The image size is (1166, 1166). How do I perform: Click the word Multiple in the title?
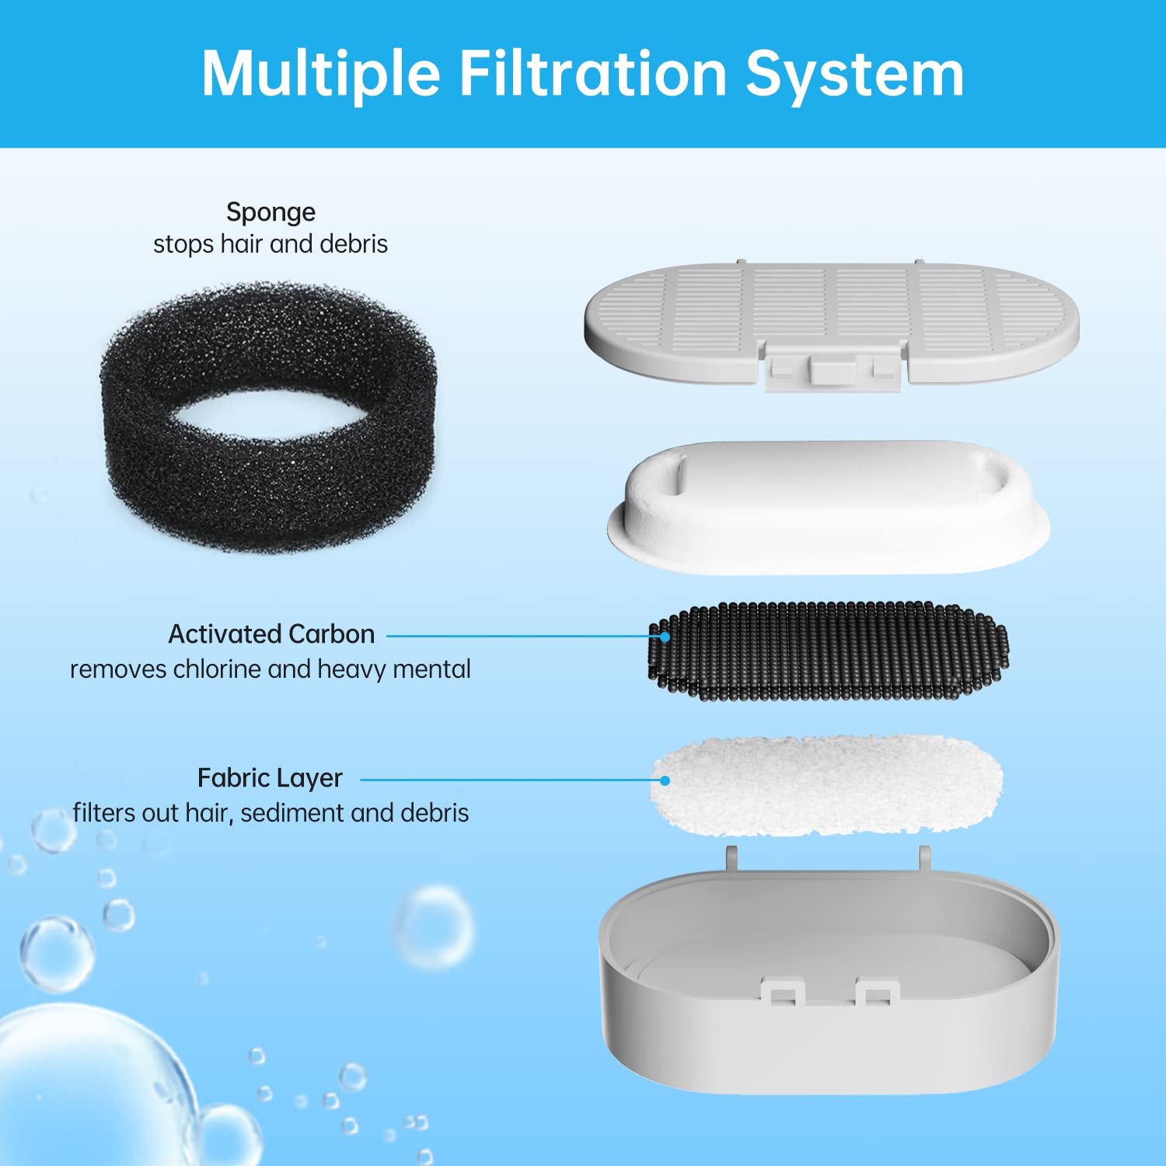point(321,74)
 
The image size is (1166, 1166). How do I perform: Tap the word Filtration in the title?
point(593,74)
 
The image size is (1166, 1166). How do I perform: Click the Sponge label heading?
point(271,212)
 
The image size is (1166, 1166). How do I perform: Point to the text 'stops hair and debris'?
point(271,244)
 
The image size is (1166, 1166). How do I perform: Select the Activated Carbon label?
point(271,634)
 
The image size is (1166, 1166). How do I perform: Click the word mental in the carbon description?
point(431,669)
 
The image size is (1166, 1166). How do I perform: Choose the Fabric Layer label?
point(270,778)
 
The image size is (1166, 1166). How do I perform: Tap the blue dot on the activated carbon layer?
point(665,637)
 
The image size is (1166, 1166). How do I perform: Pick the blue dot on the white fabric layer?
point(665,780)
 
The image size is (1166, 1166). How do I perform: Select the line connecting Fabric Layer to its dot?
point(505,780)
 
